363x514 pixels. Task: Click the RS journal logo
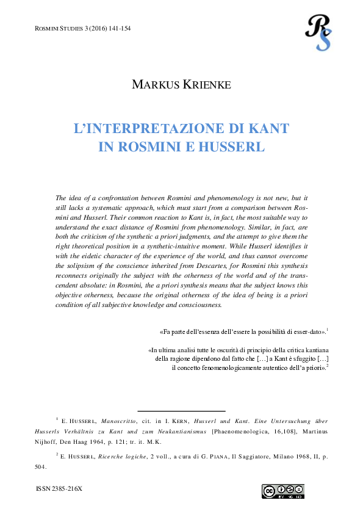point(318,31)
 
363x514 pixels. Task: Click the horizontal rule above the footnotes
point(182,411)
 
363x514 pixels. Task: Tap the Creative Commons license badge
point(283,491)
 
